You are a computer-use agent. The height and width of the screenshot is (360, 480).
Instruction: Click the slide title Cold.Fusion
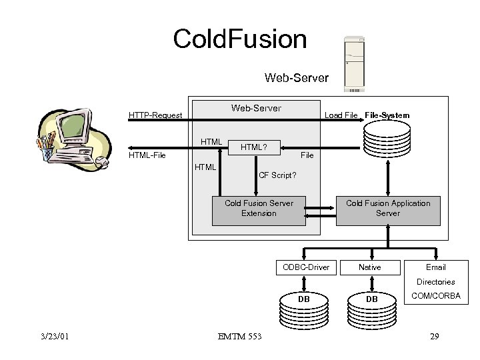point(240,39)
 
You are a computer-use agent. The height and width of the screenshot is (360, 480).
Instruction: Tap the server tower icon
point(354,64)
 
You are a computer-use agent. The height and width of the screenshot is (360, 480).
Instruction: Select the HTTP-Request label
point(155,115)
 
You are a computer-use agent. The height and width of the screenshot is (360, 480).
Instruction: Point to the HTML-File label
point(147,155)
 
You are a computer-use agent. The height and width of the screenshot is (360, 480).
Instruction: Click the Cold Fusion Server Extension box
point(259,208)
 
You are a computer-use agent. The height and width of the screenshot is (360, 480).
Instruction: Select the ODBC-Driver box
point(306,267)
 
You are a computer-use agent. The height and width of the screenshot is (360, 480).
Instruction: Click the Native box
point(370,267)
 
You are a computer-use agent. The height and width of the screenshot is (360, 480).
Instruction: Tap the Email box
point(435,267)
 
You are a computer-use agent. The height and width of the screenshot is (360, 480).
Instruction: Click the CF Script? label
point(277,176)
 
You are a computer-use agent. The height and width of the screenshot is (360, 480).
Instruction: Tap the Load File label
point(341,115)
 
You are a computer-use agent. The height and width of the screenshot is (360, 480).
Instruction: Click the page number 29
point(435,336)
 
